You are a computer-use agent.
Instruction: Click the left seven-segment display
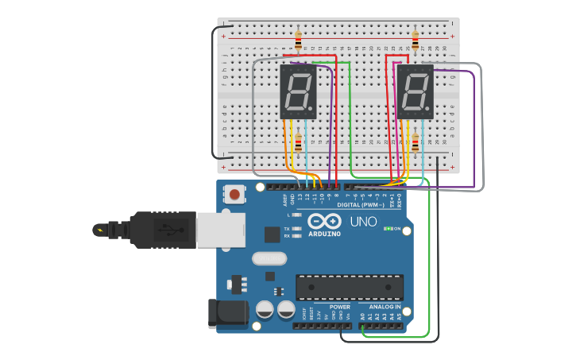pyautogui.click(x=299, y=91)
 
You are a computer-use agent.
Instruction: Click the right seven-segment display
pyautogui.click(x=415, y=91)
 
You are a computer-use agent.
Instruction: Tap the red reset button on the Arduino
pyautogui.click(x=234, y=194)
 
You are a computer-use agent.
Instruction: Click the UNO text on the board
pyautogui.click(x=363, y=222)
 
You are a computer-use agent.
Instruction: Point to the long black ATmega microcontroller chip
pyautogui.click(x=350, y=287)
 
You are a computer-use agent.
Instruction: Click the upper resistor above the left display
pyautogui.click(x=298, y=40)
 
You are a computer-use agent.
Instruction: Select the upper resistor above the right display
pyautogui.click(x=415, y=39)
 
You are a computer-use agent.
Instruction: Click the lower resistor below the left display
pyautogui.click(x=298, y=144)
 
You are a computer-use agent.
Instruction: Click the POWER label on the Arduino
pyautogui.click(x=339, y=307)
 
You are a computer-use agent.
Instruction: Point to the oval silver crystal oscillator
pyautogui.click(x=269, y=258)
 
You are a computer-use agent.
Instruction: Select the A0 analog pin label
pyautogui.click(x=363, y=316)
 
